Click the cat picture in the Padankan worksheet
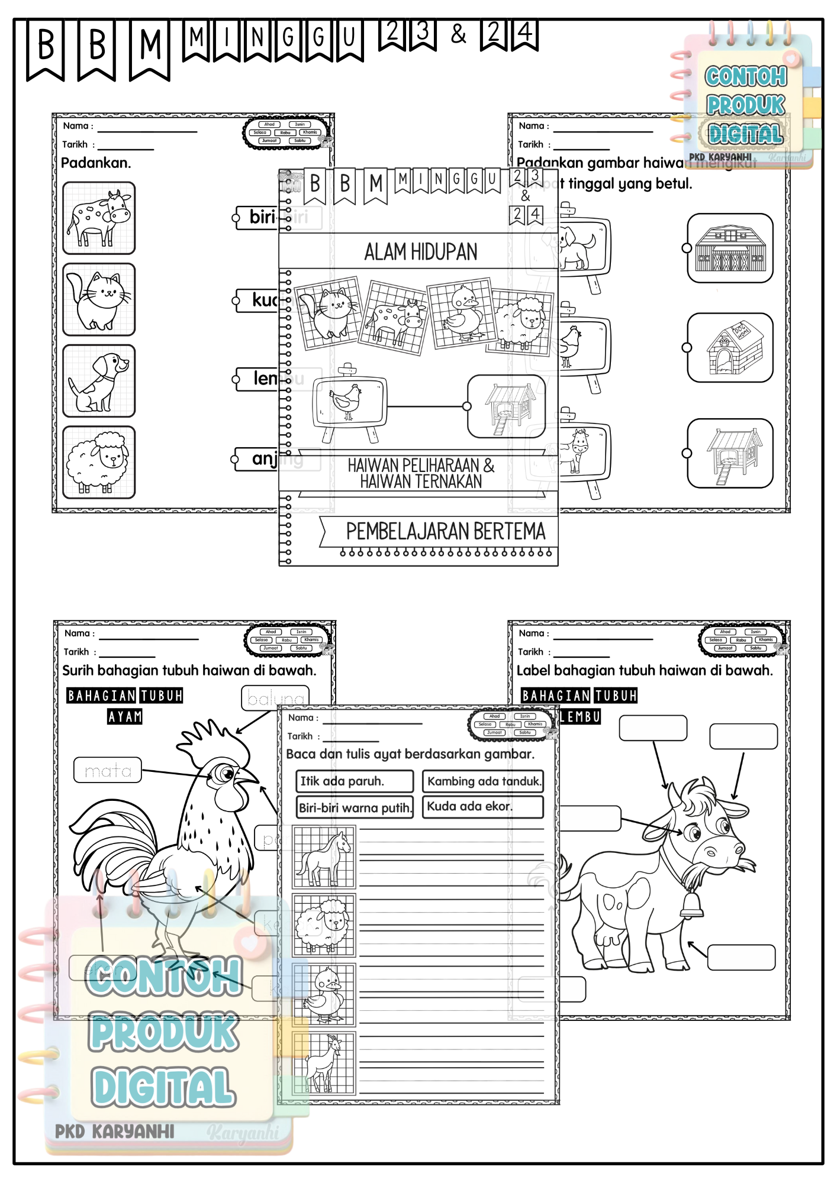tap(99, 299)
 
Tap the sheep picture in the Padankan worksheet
tap(99, 463)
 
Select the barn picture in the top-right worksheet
tap(730, 248)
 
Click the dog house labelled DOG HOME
tap(730, 348)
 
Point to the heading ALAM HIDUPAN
tap(420, 252)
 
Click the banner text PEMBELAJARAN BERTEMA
tap(445, 531)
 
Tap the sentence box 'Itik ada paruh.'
tap(354, 781)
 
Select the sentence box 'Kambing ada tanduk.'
tap(483, 781)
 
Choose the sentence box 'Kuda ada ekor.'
tap(483, 807)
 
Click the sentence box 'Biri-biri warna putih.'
tap(354, 807)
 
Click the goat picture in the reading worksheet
tap(324, 1063)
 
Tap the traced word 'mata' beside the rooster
tap(108, 770)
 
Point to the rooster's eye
tap(225, 773)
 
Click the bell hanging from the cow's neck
tap(691, 905)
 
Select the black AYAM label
tap(125, 717)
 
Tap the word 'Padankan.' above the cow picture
tap(96, 163)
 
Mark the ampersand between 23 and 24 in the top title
tap(458, 34)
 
